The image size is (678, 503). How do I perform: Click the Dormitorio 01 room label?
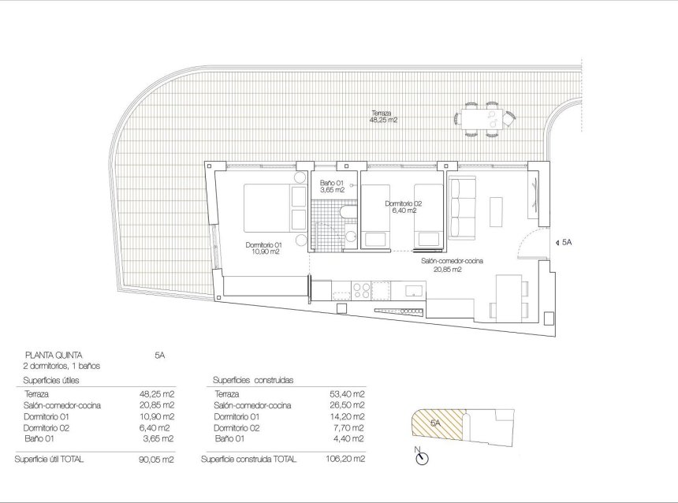pos(263,248)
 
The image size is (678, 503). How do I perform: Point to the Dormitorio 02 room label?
pos(404,207)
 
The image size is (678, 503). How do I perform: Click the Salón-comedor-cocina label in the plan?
pos(452,264)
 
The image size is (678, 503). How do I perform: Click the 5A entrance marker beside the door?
pos(565,243)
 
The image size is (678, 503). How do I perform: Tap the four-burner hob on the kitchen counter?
pos(362,289)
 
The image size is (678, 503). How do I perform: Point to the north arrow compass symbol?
pos(420,456)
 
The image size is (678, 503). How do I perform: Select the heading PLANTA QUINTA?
pos(55,356)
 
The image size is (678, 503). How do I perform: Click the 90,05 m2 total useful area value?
pos(158,458)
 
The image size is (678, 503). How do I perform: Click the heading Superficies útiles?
pos(54,380)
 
